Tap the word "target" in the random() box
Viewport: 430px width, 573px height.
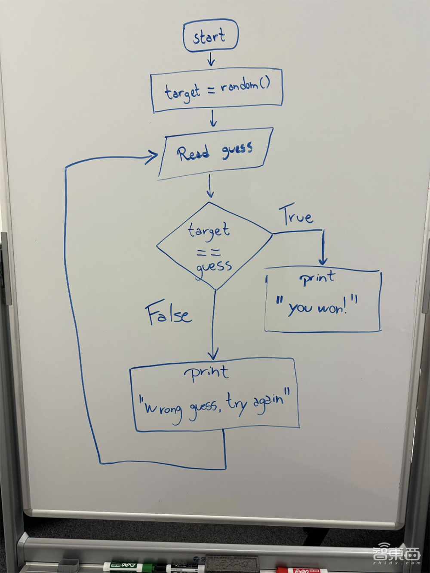coord(182,92)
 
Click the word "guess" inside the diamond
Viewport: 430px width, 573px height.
coord(214,267)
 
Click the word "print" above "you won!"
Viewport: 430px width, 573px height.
coord(317,278)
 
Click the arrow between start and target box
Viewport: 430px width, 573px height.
coord(210,60)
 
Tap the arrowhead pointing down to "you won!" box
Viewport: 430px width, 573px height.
coord(323,260)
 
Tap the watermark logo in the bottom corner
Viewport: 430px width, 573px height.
coord(396,555)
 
